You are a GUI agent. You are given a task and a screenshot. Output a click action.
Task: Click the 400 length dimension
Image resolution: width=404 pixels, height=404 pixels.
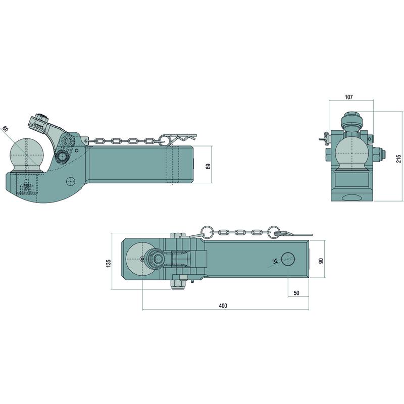pyautogui.click(x=223, y=306)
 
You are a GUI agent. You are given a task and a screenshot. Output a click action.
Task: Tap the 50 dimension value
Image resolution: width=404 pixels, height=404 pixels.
pyautogui.click(x=296, y=293)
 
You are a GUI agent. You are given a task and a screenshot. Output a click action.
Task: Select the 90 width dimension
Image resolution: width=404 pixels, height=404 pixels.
pyautogui.click(x=321, y=261)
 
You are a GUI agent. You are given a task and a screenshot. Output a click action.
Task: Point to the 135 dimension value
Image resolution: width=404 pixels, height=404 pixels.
pyautogui.click(x=109, y=263)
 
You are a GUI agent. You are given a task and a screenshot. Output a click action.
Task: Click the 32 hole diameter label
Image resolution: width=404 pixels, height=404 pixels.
pyautogui.click(x=275, y=261)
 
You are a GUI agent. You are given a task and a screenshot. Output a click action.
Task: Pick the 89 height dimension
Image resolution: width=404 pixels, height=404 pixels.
pyautogui.click(x=208, y=166)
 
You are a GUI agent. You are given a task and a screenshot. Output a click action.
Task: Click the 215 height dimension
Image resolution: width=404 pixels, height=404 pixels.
pyautogui.click(x=399, y=159)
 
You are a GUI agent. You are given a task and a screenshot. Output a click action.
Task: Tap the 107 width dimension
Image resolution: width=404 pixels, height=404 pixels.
pyautogui.click(x=348, y=97)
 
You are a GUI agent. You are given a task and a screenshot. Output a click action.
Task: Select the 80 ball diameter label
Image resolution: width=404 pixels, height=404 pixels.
pyautogui.click(x=5, y=129)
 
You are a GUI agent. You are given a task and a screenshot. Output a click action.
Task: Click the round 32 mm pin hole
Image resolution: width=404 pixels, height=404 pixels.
pyautogui.click(x=288, y=259)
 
